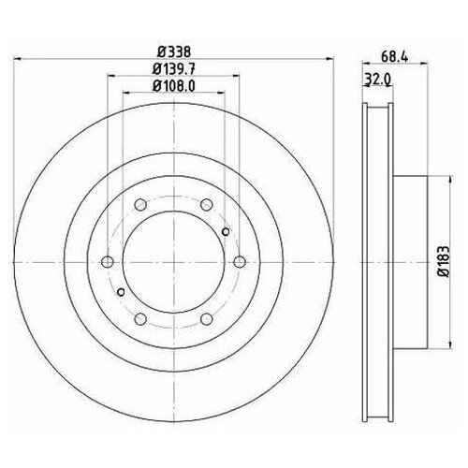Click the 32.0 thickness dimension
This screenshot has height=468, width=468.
coord(374,81)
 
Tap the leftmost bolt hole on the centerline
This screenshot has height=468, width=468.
coord(107,261)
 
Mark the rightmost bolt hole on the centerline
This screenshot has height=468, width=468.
coord(240,261)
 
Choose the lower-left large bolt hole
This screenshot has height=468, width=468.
coord(139,319)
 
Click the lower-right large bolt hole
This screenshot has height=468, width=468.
coord(206,319)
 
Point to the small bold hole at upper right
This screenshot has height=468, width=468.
coord(226,230)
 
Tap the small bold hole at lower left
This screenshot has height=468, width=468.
coord(120,292)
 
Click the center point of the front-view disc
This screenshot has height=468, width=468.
coord(173,261)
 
